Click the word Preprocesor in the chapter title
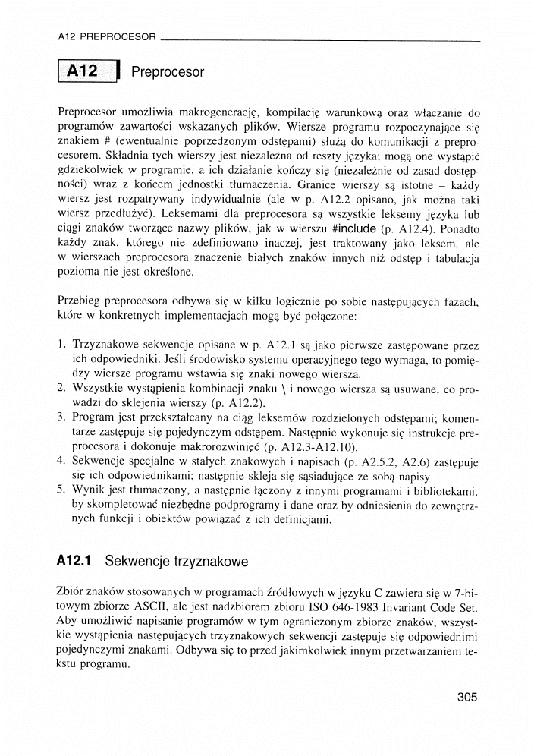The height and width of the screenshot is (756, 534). (x=168, y=73)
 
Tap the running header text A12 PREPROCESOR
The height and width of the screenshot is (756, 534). (x=106, y=36)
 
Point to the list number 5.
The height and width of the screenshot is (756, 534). (x=62, y=490)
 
